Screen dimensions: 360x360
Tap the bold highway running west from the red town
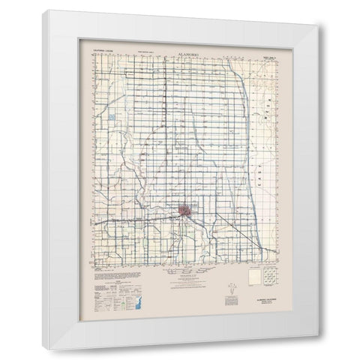coord(135,222)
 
